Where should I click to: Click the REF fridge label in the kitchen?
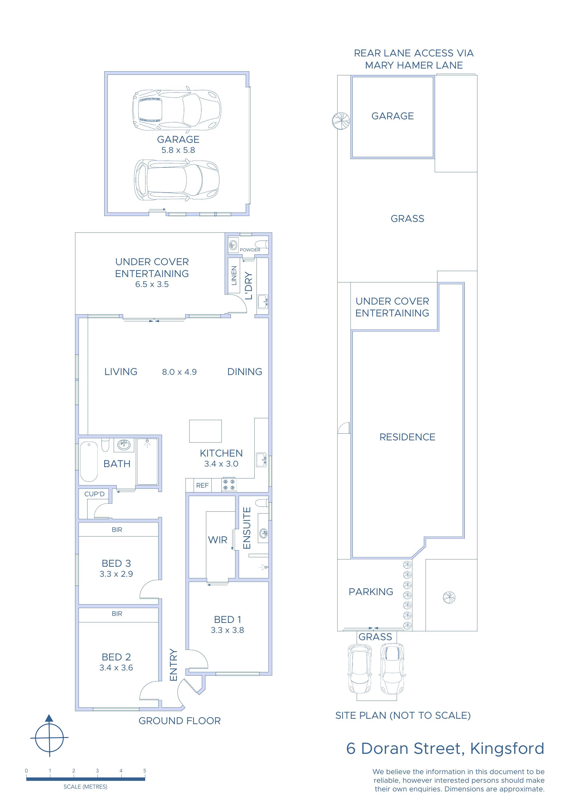[x=202, y=485]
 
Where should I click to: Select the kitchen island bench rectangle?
[x=205, y=431]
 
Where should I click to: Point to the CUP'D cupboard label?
[x=94, y=494]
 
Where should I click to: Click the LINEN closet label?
[x=234, y=275]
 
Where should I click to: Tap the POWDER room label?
[x=250, y=250]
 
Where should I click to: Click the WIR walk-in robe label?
[x=218, y=540]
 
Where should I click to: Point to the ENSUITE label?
[x=247, y=528]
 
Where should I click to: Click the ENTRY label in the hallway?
[x=173, y=665]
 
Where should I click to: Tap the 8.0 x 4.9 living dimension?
[x=179, y=372]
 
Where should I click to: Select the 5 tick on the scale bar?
[x=145, y=771]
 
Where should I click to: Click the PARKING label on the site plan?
[x=371, y=592]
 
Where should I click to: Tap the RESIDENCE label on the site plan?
[x=407, y=437]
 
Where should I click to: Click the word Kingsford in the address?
[x=507, y=749]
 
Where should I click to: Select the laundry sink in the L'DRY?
[x=262, y=302]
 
